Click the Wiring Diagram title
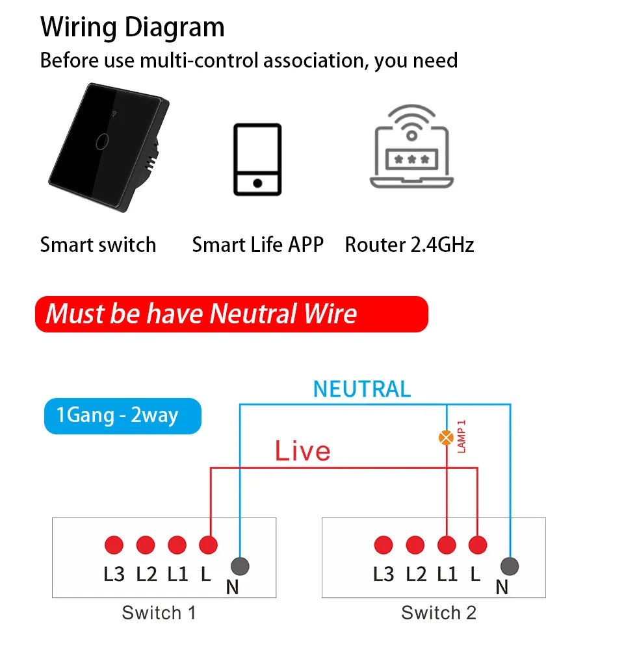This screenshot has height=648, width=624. tap(132, 27)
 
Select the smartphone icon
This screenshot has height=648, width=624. tap(257, 159)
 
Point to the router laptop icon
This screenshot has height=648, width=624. tap(411, 148)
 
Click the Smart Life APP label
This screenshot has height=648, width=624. tap(257, 245)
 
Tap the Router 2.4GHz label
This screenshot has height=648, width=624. tap(409, 245)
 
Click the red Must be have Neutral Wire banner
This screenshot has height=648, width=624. tap(231, 314)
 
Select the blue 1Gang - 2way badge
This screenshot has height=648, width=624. tap(122, 415)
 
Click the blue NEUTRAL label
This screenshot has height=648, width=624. tap(362, 389)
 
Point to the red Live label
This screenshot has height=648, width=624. tap(302, 451)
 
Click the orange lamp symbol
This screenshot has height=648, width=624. tap(447, 438)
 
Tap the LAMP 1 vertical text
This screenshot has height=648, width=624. tap(462, 436)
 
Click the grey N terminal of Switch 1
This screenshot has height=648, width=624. tap(240, 566)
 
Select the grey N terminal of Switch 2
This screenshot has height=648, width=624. tap(510, 566)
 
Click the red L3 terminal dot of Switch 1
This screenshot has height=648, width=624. tap(114, 545)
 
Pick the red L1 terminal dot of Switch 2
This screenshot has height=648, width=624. tap(447, 545)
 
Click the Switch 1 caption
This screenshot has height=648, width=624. tap(159, 612)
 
